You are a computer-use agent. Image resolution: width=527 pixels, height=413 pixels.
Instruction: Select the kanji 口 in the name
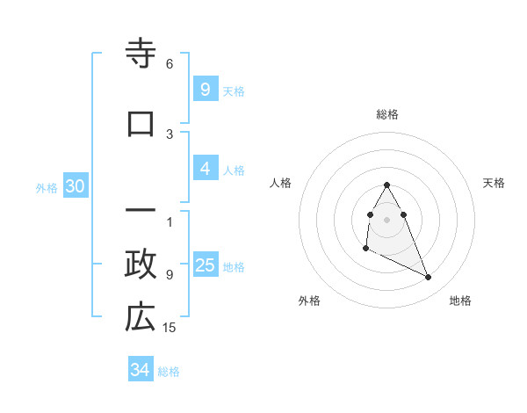(x=141, y=123)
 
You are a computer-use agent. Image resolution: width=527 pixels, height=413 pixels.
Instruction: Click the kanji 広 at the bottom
(x=141, y=317)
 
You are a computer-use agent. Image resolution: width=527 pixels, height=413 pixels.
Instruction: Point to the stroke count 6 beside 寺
(x=170, y=64)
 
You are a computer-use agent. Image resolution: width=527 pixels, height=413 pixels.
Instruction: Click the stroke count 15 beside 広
(x=171, y=328)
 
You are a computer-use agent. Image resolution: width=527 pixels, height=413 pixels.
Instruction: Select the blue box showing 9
(x=205, y=90)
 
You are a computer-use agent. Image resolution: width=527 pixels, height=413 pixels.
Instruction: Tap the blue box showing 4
(x=205, y=170)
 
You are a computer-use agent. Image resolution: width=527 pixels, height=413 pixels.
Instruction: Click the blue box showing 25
(x=205, y=266)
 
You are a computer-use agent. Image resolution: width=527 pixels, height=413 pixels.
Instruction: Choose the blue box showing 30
(x=75, y=187)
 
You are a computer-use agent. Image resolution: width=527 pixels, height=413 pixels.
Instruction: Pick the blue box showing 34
(x=140, y=371)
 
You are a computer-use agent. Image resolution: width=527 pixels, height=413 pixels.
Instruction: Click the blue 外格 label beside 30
(x=47, y=188)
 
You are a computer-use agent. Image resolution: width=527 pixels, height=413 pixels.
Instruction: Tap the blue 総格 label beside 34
(x=169, y=372)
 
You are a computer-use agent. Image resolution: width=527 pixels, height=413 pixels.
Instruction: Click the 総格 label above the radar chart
(x=387, y=114)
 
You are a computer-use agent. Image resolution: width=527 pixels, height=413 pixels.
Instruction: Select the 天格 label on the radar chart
(x=494, y=183)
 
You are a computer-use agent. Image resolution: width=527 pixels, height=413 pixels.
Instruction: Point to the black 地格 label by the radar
(x=460, y=301)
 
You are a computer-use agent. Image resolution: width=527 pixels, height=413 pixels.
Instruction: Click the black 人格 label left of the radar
(x=281, y=183)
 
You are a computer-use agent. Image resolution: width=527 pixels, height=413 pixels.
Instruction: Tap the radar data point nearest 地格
(x=429, y=278)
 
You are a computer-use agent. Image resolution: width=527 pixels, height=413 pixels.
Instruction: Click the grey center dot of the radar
(x=387, y=219)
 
